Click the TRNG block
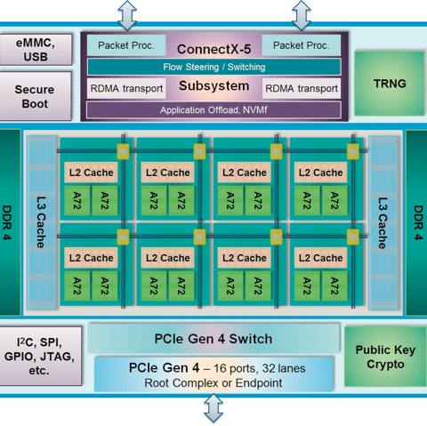(x=390, y=84)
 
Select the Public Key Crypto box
(x=385, y=357)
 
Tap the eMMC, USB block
(x=36, y=50)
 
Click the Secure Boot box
(x=35, y=96)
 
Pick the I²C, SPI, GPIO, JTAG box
(x=40, y=356)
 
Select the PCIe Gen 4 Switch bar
(x=213, y=338)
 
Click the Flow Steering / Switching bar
(x=214, y=67)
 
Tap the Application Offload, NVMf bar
(x=213, y=110)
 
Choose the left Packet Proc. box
(x=126, y=45)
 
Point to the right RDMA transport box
(x=302, y=88)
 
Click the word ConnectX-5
(x=214, y=49)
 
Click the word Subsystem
(x=214, y=85)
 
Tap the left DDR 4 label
(x=6, y=222)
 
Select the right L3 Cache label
(x=383, y=223)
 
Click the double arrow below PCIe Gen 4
(x=213, y=408)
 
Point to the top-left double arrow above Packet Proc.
(x=127, y=15)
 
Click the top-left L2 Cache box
(x=91, y=173)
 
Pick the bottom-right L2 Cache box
(x=321, y=258)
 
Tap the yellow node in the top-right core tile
(x=353, y=151)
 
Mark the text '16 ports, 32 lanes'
(x=260, y=368)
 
